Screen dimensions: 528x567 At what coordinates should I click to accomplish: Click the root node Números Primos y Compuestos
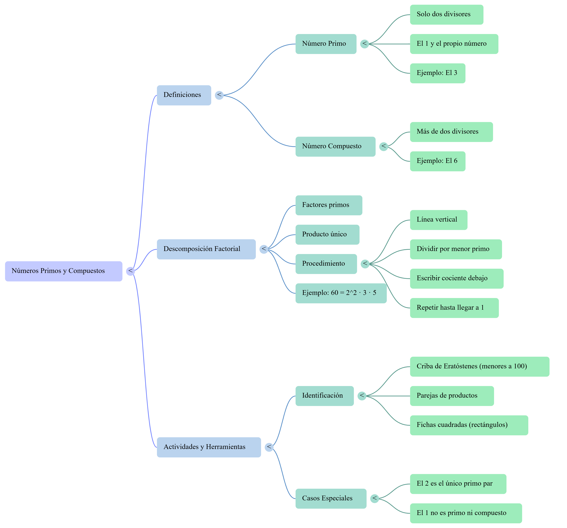point(64,271)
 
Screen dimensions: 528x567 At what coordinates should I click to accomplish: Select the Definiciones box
point(184,95)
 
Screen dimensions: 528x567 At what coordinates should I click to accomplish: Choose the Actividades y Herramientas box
point(209,447)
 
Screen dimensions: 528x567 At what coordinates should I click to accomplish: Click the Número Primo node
point(326,44)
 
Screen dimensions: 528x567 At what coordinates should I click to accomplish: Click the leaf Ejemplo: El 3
point(438,73)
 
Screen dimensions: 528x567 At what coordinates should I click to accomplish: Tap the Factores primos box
point(329,205)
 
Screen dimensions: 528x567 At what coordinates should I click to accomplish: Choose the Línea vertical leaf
point(438,220)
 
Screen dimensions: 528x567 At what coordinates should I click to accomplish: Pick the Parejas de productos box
point(452,396)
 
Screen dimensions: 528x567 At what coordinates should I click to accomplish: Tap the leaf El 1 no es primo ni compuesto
point(466,513)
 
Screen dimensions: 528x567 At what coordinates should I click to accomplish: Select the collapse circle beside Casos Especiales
point(374,498)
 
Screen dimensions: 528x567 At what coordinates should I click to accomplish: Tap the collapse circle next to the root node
point(130,271)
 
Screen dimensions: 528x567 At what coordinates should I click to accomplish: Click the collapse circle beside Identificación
point(362,396)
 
